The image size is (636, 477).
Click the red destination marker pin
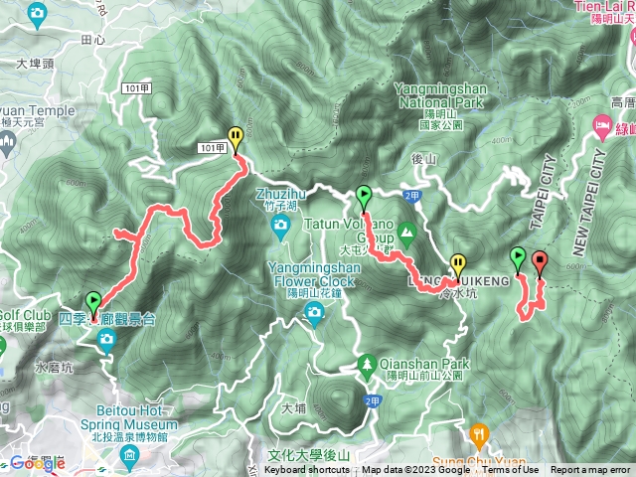coord(540,262)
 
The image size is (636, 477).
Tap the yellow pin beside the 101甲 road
coord(236,137)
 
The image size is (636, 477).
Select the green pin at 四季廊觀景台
coord(93,301)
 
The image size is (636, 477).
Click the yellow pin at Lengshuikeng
coord(457,264)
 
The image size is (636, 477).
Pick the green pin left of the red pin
coord(517,258)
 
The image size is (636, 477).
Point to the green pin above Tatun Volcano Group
coord(364,196)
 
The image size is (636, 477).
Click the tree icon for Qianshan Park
coord(367,364)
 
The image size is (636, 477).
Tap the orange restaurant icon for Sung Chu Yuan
coord(480,433)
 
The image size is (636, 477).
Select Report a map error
coord(592,470)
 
